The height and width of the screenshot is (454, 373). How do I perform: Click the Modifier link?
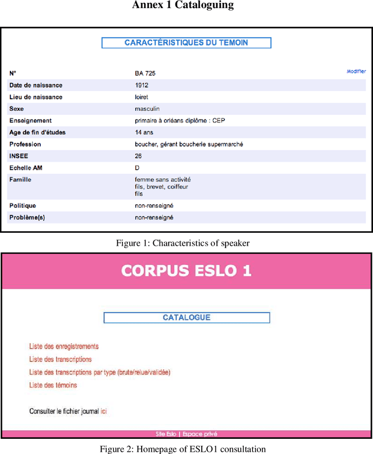(356, 71)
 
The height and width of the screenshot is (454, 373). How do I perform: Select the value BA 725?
(145, 74)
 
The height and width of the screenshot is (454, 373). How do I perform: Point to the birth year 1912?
(141, 85)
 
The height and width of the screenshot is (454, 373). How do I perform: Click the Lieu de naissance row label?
(36, 97)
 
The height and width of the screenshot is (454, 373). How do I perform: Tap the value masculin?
(147, 109)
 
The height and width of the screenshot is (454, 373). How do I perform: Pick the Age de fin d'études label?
(37, 132)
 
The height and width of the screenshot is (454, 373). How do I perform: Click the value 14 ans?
(144, 132)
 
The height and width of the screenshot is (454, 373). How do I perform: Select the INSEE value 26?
(138, 156)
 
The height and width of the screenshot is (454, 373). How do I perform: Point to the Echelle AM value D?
(137, 167)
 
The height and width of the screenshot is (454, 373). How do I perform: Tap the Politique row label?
(23, 205)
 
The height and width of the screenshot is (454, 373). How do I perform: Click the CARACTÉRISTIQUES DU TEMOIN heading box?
(186, 43)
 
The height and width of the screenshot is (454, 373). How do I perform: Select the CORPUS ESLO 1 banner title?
(186, 271)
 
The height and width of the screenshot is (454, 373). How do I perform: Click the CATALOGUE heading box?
(186, 317)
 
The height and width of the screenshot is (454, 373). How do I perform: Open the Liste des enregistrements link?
(64, 347)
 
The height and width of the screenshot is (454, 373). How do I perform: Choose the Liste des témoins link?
(53, 385)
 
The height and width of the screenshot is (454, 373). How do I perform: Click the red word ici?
(104, 411)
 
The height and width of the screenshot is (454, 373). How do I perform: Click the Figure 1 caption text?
(186, 243)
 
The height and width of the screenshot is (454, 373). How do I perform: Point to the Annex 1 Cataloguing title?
(183, 5)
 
